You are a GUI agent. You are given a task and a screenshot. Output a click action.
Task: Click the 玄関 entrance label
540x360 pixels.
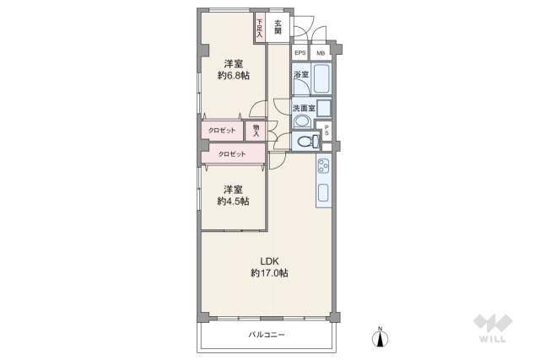278,25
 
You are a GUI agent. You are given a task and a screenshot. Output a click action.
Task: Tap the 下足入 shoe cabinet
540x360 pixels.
260,28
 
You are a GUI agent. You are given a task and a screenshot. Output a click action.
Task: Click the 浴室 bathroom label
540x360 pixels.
301,75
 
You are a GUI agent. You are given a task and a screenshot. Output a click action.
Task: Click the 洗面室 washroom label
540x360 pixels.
303,108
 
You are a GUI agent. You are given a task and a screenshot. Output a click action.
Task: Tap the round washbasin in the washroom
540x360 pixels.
301,121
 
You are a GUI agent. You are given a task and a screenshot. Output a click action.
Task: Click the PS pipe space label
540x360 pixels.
327,130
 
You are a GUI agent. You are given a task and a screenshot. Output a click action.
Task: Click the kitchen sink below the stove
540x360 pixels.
324,193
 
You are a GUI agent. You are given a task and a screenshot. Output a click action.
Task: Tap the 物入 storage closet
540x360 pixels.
256,130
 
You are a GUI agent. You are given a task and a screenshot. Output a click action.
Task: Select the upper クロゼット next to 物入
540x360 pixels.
223,131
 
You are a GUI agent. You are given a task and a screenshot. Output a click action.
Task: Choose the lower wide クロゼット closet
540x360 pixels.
232,153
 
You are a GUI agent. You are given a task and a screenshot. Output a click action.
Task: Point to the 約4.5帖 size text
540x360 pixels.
233,201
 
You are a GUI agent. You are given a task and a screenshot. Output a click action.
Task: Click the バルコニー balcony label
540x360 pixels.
267,335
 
